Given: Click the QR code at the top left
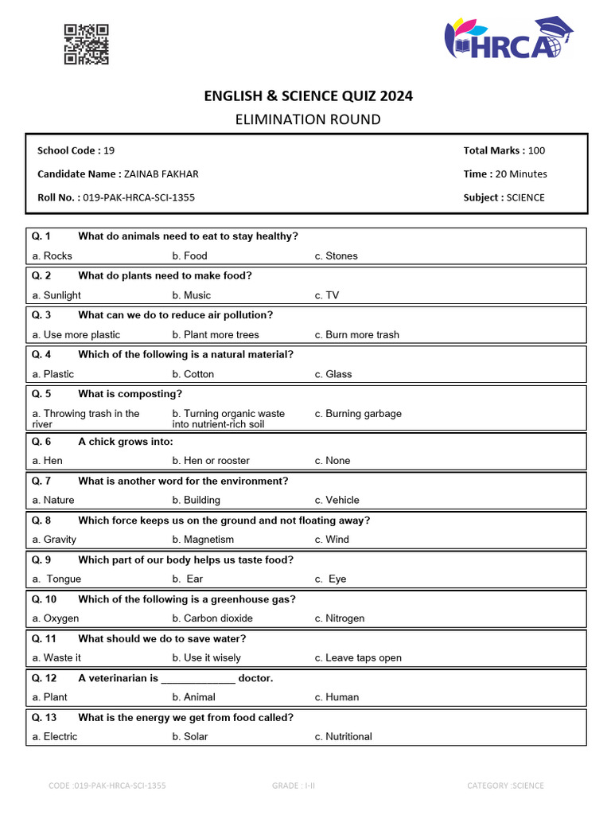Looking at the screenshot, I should click(86, 45).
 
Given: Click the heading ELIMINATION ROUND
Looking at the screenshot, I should click(308, 119).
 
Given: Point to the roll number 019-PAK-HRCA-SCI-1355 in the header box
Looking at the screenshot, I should click(138, 197).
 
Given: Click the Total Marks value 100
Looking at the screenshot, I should click(536, 150).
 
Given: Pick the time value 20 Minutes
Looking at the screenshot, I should click(521, 174).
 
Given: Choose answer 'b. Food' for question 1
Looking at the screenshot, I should click(189, 255).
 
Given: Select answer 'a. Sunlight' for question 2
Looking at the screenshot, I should click(56, 295).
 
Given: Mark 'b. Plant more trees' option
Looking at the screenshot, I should click(216, 335).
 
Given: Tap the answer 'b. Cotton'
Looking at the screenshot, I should click(193, 374).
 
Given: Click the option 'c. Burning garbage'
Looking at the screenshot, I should click(358, 414).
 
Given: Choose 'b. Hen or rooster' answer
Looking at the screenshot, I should click(211, 461).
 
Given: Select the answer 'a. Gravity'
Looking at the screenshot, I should click(54, 540).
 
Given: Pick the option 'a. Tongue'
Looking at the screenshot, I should click(57, 579).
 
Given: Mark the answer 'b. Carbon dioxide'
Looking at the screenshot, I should click(212, 618).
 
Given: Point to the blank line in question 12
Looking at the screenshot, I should click(197, 679).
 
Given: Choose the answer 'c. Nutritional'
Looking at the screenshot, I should click(343, 737).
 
